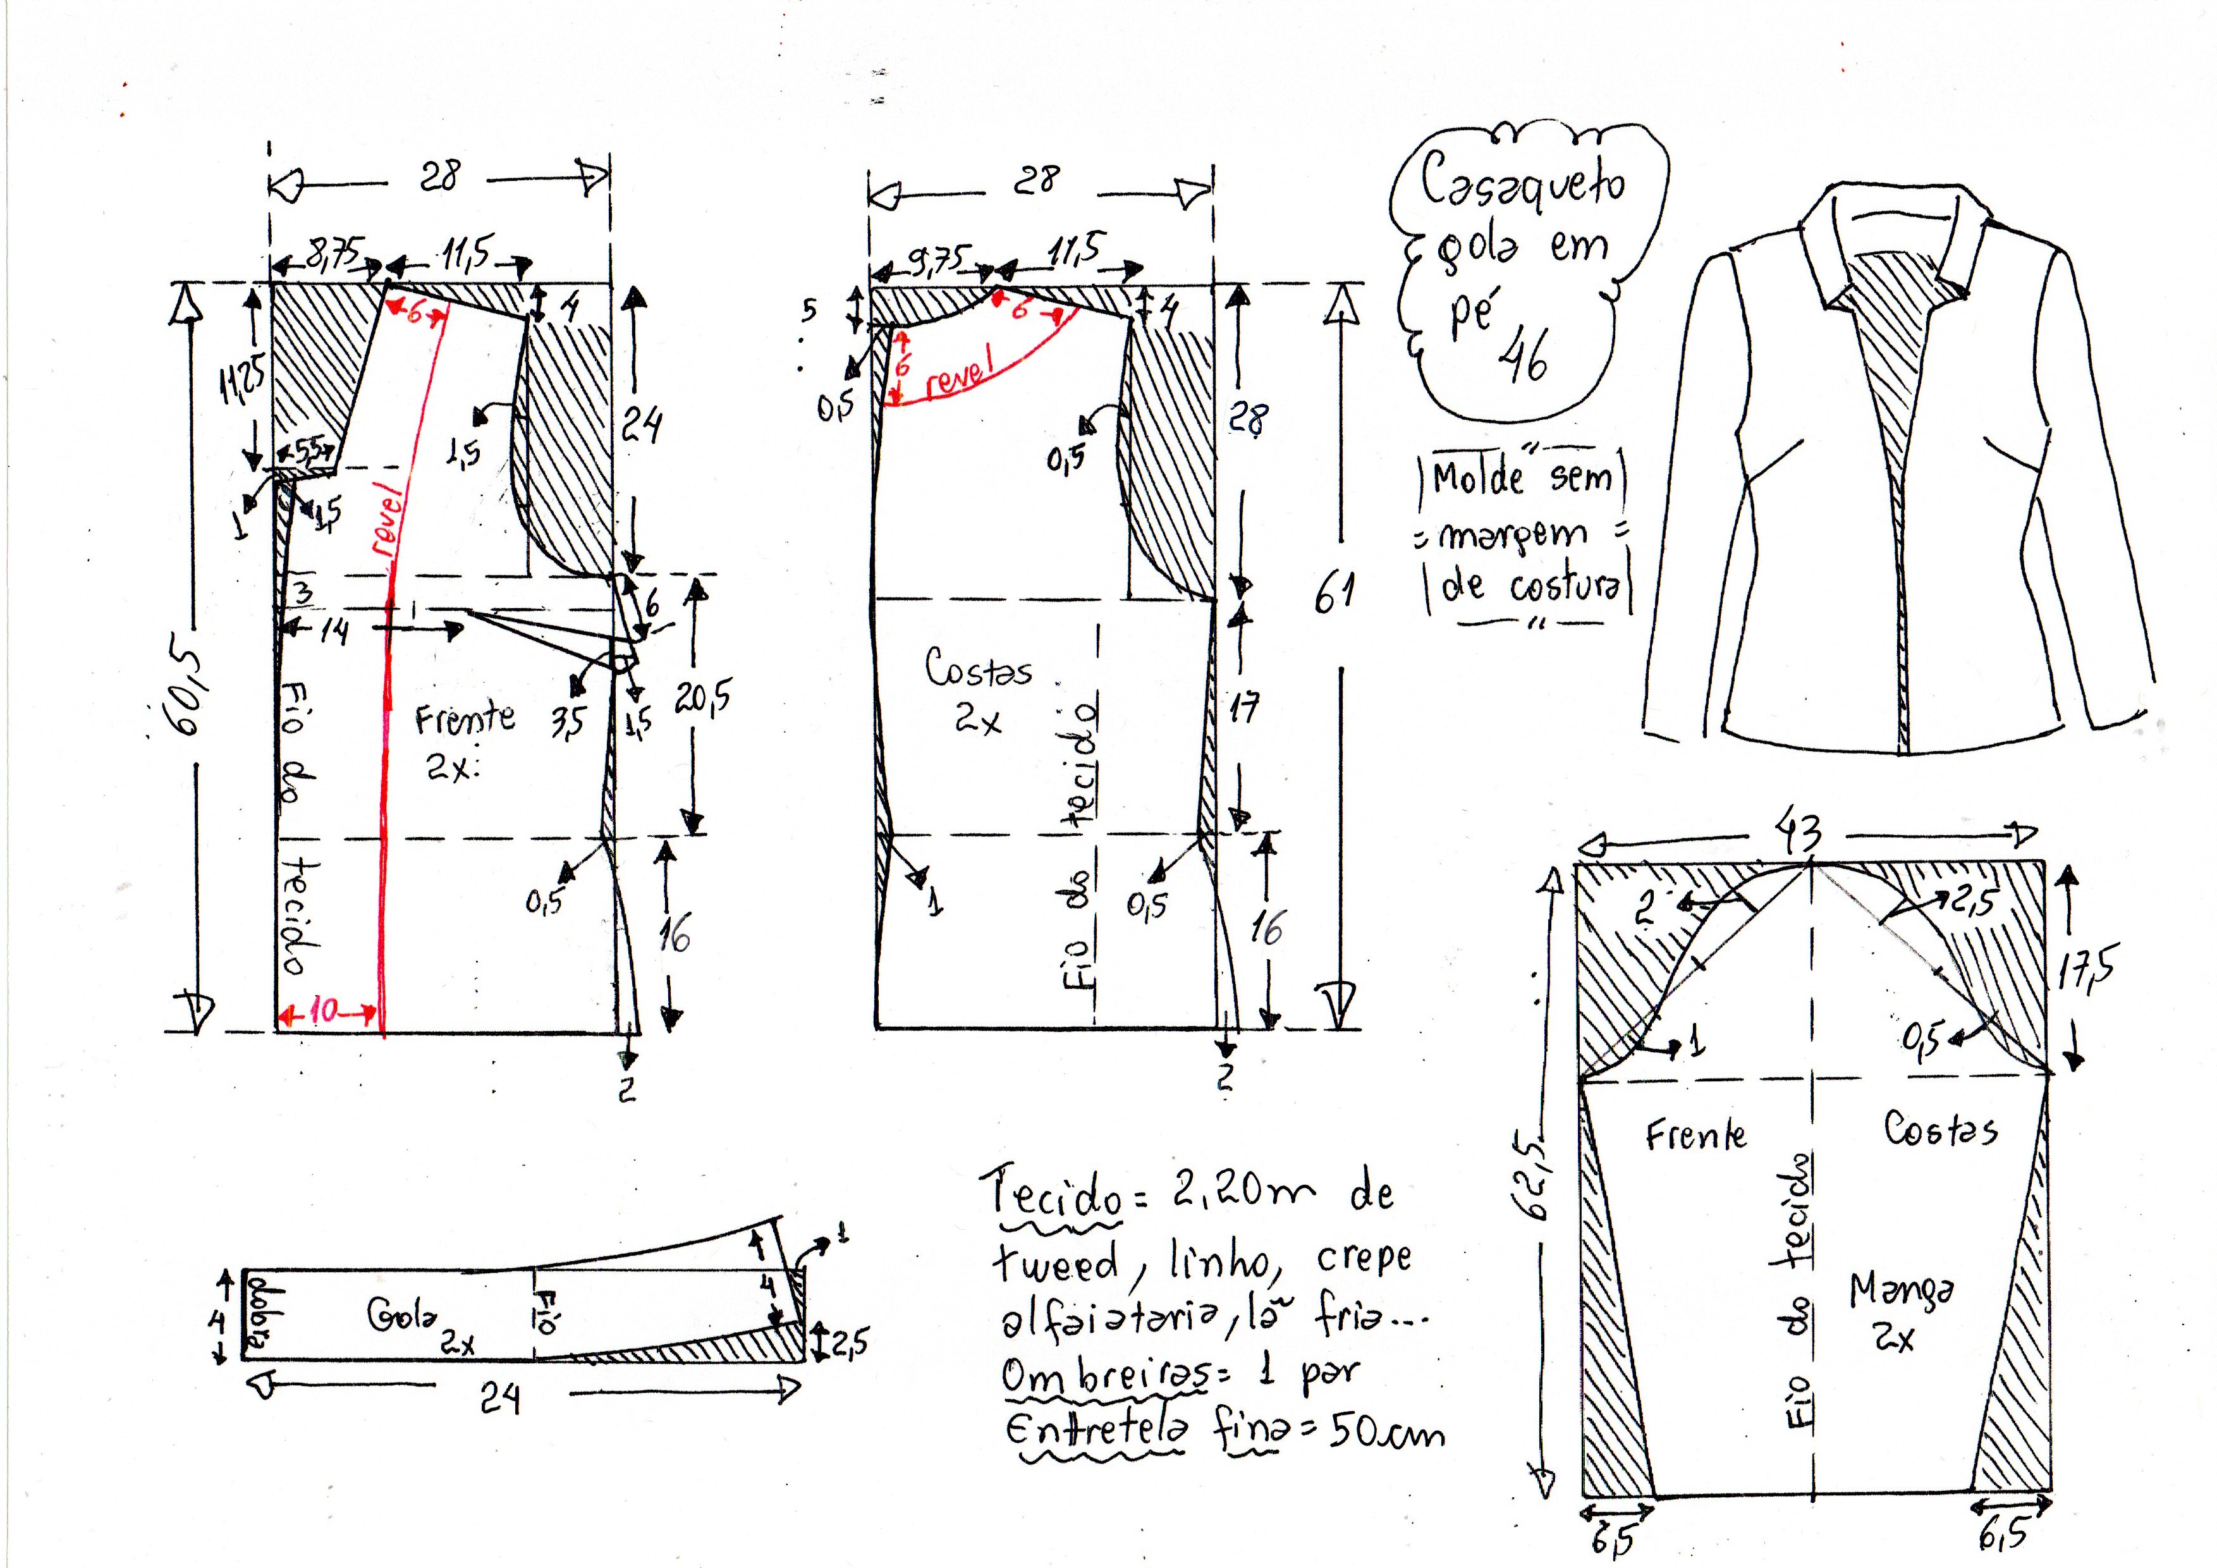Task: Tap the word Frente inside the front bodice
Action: (465, 720)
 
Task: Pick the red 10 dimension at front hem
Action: (324, 1011)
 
